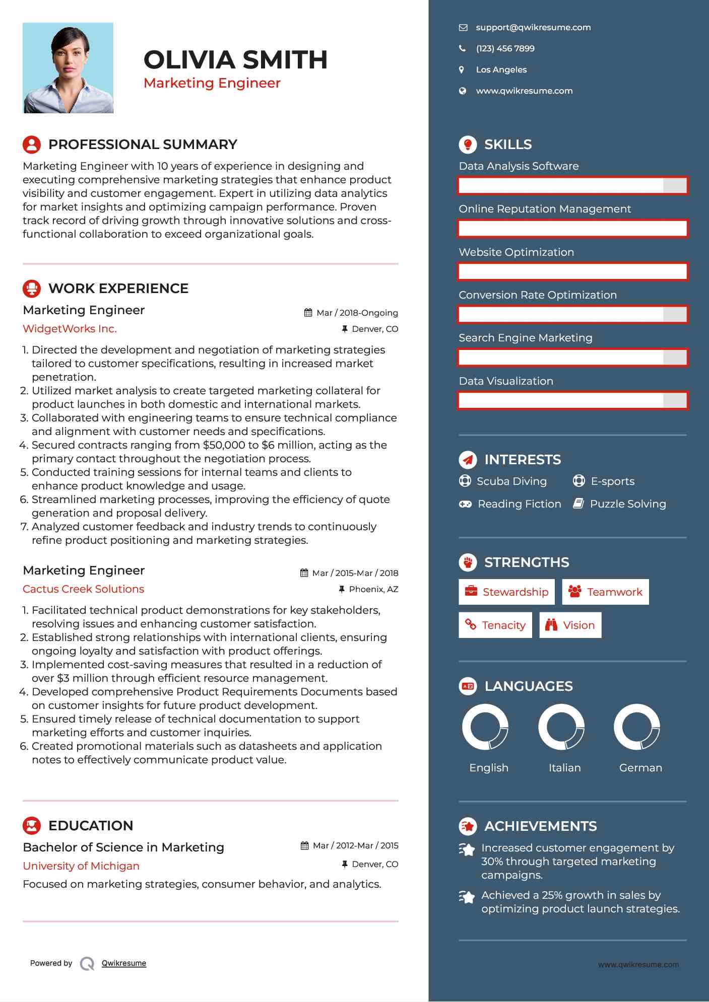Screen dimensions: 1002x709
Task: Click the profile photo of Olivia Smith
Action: [68, 68]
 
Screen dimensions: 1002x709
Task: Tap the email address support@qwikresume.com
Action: [533, 28]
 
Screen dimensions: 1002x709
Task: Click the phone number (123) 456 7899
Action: [505, 49]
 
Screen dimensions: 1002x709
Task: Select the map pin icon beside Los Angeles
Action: [462, 70]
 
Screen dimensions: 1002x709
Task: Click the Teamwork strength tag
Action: [605, 592]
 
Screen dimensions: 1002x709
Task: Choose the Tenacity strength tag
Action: [495, 625]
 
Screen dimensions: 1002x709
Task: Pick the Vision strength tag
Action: [570, 625]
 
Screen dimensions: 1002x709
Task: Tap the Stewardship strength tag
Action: [506, 592]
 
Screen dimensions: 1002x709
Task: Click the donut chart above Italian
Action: [561, 727]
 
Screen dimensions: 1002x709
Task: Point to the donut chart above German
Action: [637, 727]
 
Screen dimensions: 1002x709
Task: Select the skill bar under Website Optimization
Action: [572, 272]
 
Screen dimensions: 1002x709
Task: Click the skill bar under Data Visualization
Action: [572, 401]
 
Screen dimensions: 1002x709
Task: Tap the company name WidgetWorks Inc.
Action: [70, 329]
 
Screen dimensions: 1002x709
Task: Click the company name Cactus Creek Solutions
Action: [83, 589]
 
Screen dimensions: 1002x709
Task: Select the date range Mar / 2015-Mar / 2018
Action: [355, 574]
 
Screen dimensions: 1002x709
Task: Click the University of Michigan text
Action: [81, 866]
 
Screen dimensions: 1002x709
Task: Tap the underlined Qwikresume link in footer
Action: [124, 963]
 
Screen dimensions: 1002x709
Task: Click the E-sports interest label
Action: [612, 481]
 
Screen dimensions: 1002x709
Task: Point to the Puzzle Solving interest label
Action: [627, 504]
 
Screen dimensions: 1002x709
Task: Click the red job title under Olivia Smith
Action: [212, 83]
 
